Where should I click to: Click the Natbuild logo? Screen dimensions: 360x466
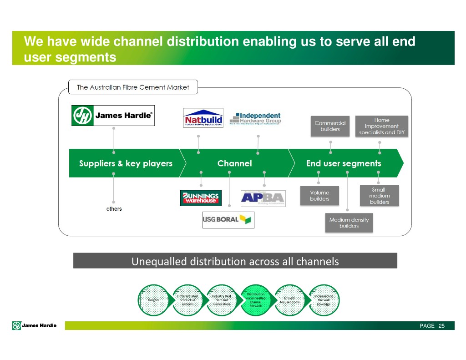(203, 117)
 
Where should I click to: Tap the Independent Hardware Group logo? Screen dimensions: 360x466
(255, 119)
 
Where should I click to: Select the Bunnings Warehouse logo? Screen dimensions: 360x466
(201, 198)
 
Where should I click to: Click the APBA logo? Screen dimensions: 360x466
(263, 198)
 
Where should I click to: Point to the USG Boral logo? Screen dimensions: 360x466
(228, 220)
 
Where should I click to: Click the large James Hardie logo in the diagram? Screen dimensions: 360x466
(113, 116)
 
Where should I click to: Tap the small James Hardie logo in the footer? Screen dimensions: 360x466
(35, 325)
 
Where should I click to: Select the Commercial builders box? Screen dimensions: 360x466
(330, 126)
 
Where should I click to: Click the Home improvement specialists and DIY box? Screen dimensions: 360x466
(381, 126)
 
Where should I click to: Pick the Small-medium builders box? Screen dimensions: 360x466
(379, 196)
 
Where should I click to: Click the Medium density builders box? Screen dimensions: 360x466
(349, 223)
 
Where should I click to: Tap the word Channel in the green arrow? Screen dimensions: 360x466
(234, 163)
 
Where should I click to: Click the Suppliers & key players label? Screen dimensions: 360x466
(126, 163)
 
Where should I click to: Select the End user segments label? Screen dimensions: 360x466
(344, 163)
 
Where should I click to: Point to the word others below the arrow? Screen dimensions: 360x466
(114, 209)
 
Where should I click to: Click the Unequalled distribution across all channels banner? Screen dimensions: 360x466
(235, 261)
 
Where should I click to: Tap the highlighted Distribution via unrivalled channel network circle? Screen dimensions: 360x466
(256, 300)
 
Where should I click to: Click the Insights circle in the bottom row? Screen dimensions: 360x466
(153, 300)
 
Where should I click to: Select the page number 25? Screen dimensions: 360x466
(441, 326)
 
